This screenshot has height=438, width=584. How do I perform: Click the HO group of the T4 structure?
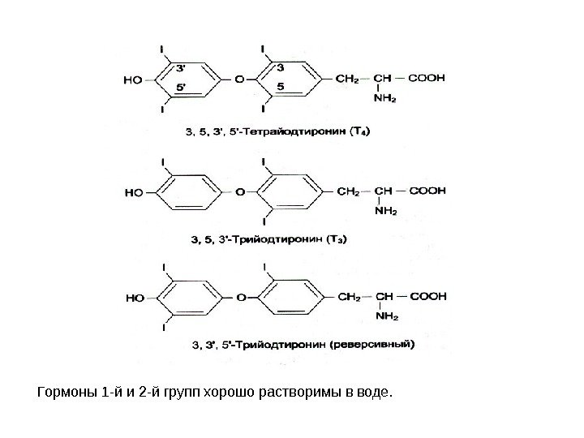tap(132, 80)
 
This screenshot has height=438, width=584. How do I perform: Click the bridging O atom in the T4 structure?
tap(239, 80)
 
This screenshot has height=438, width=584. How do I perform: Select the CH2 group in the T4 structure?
tap(347, 79)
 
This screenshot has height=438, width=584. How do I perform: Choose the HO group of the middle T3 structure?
tap(133, 193)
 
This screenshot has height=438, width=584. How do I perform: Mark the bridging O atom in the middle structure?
tap(239, 193)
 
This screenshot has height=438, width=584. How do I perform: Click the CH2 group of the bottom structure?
tap(347, 296)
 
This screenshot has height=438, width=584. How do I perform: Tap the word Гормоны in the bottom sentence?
tap(66, 394)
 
